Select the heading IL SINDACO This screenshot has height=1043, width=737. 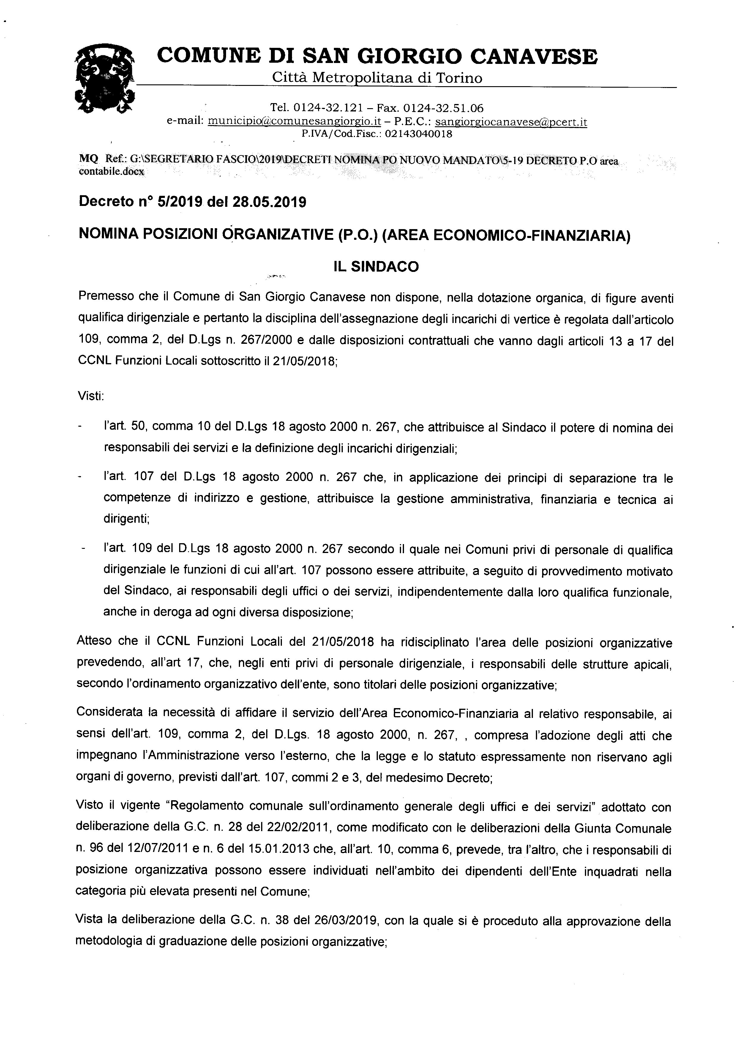coord(376,266)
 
